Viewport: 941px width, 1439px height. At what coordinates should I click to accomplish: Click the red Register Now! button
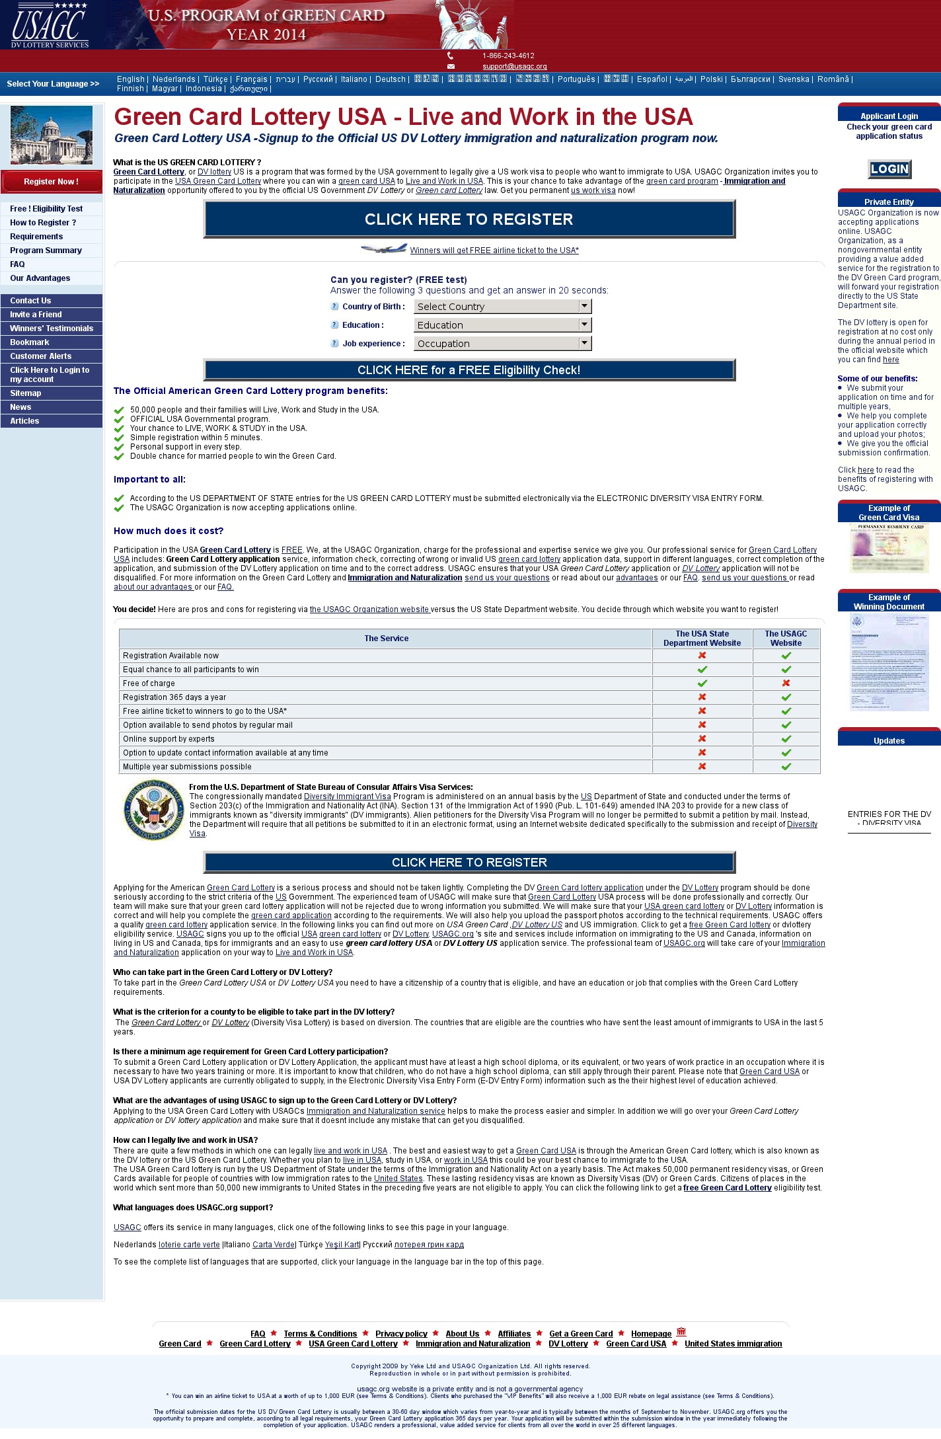pyautogui.click(x=51, y=182)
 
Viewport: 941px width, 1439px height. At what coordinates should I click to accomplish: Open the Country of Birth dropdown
pyautogui.click(x=502, y=307)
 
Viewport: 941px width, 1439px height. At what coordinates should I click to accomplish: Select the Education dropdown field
pyautogui.click(x=502, y=325)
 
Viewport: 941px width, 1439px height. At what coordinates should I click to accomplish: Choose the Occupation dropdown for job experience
pyautogui.click(x=502, y=344)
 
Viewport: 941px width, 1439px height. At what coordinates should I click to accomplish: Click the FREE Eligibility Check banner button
pyautogui.click(x=469, y=370)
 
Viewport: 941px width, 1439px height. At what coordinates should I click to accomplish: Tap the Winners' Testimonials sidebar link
pyautogui.click(x=52, y=329)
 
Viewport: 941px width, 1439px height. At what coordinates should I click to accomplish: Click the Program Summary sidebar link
pyautogui.click(x=46, y=251)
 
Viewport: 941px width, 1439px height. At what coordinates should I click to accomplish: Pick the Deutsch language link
pyautogui.click(x=391, y=79)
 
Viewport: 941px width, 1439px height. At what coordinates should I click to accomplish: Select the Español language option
pyautogui.click(x=652, y=79)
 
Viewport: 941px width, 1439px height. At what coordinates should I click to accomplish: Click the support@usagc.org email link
pyautogui.click(x=514, y=67)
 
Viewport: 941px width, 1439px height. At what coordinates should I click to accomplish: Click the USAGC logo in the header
pyautogui.click(x=50, y=25)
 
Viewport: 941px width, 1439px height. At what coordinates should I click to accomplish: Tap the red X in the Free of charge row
pyautogui.click(x=786, y=683)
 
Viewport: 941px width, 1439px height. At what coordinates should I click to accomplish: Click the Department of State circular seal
pyautogui.click(x=154, y=810)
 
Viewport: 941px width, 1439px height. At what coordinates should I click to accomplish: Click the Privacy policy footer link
pyautogui.click(x=401, y=1334)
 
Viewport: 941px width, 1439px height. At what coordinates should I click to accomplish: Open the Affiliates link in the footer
pyautogui.click(x=514, y=1334)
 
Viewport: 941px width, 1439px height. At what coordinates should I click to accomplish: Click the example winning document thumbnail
pyautogui.click(x=889, y=662)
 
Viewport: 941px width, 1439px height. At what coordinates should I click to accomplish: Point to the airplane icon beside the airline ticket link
pyautogui.click(x=384, y=249)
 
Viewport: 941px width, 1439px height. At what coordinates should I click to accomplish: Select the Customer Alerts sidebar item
pyautogui.click(x=40, y=356)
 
